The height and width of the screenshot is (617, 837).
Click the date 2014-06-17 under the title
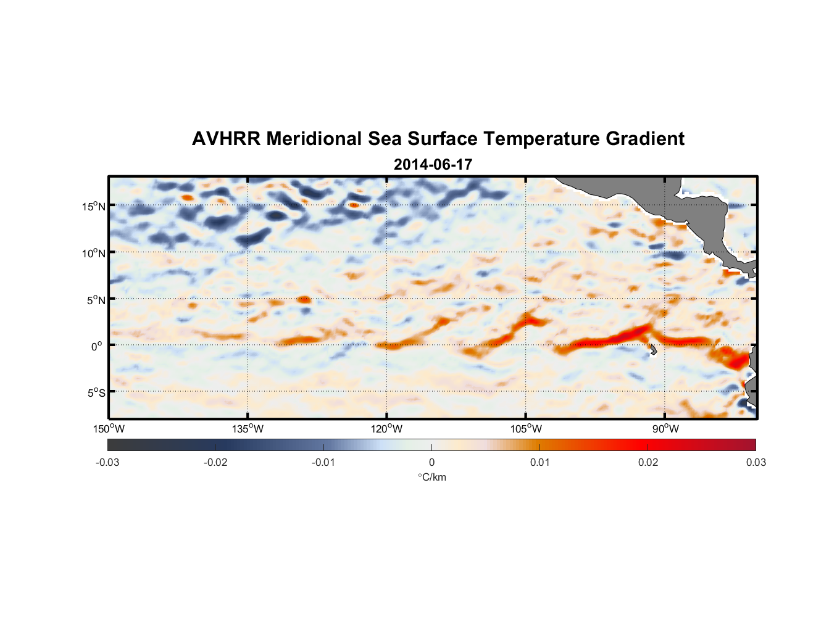(433, 165)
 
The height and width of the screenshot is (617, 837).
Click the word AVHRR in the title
(226, 139)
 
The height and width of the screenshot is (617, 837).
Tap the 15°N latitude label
(94, 207)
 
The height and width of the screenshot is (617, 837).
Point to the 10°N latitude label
(94, 253)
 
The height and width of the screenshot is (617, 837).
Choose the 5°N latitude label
(96, 300)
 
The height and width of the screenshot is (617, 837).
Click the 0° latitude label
(97, 346)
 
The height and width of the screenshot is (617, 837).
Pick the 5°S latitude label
(96, 393)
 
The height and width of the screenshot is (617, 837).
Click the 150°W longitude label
(109, 429)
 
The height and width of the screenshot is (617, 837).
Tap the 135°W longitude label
(248, 429)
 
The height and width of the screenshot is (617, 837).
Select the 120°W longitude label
(387, 429)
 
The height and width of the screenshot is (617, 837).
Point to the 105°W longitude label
(526, 429)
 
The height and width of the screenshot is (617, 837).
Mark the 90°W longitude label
(665, 429)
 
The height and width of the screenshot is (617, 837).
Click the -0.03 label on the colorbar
(107, 462)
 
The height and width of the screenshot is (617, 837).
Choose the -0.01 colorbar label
(323, 462)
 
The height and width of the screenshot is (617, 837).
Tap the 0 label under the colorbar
(431, 462)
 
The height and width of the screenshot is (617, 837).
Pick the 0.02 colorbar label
(648, 462)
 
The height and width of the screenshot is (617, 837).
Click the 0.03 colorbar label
(756, 462)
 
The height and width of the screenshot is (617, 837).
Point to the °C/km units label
(432, 477)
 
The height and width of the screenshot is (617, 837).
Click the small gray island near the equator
(653, 349)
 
